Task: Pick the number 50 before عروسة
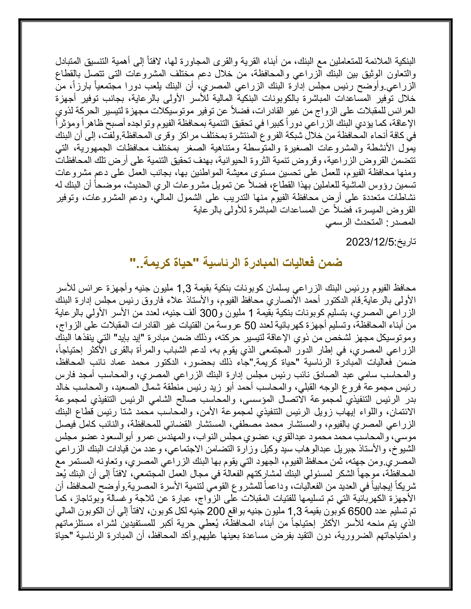(x=250, y=325)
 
